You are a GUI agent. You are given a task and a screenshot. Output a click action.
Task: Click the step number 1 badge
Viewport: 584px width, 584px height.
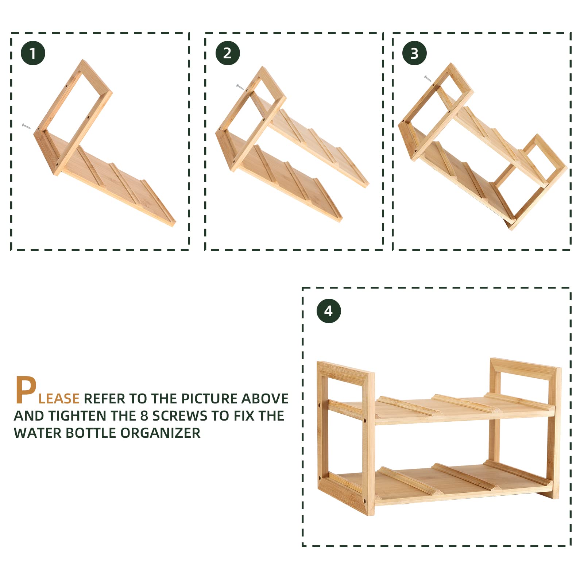pos(33,53)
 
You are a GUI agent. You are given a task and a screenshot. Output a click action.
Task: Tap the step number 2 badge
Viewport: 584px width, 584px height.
pos(228,53)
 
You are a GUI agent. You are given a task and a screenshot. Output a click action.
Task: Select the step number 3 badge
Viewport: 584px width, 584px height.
pos(414,53)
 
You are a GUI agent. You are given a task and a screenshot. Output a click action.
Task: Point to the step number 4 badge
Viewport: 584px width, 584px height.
pos(329,311)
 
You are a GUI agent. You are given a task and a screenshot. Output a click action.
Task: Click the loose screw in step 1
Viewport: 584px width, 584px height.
pos(26,126)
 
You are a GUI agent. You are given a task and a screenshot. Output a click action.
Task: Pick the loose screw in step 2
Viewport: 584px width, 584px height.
pos(240,87)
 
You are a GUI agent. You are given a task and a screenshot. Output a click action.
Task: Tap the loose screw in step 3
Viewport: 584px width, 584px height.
pos(428,78)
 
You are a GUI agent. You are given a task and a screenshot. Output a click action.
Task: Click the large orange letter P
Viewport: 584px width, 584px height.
pos(26,390)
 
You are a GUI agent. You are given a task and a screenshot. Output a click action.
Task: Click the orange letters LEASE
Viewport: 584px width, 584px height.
pos(59,399)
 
